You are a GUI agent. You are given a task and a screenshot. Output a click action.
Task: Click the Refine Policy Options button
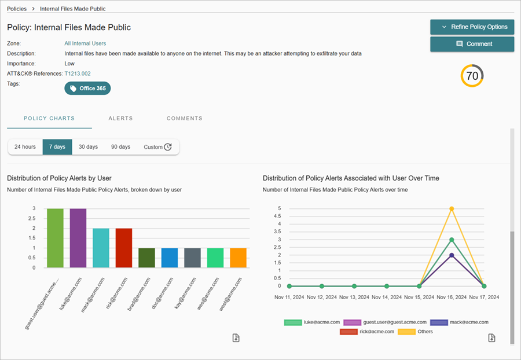[472, 27]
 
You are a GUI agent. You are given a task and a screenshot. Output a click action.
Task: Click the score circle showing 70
[472, 76]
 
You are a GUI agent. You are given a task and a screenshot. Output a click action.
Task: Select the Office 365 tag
[87, 88]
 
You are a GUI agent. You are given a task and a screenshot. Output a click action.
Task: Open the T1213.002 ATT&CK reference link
[78, 74]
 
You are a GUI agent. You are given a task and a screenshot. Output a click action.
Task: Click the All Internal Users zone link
[85, 43]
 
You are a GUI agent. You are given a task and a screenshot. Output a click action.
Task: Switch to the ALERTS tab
[120, 118]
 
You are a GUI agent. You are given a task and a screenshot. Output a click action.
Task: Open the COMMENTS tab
[184, 118]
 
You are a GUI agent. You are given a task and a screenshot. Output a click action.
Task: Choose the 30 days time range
[88, 147]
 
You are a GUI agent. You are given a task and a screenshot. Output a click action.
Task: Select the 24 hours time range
[25, 147]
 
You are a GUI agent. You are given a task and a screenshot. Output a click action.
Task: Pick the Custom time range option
[157, 147]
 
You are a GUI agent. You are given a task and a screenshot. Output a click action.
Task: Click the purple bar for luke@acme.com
[78, 238]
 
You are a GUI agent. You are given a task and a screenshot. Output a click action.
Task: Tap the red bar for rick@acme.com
[124, 248]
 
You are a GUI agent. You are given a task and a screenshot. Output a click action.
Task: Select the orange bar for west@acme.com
[238, 258]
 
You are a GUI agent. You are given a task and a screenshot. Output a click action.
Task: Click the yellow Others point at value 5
[452, 208]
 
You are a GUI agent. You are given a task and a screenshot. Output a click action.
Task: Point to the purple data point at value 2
[452, 255]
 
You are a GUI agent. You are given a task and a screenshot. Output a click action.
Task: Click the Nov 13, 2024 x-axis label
[354, 296]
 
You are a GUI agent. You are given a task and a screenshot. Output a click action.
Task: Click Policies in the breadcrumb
[17, 9]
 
